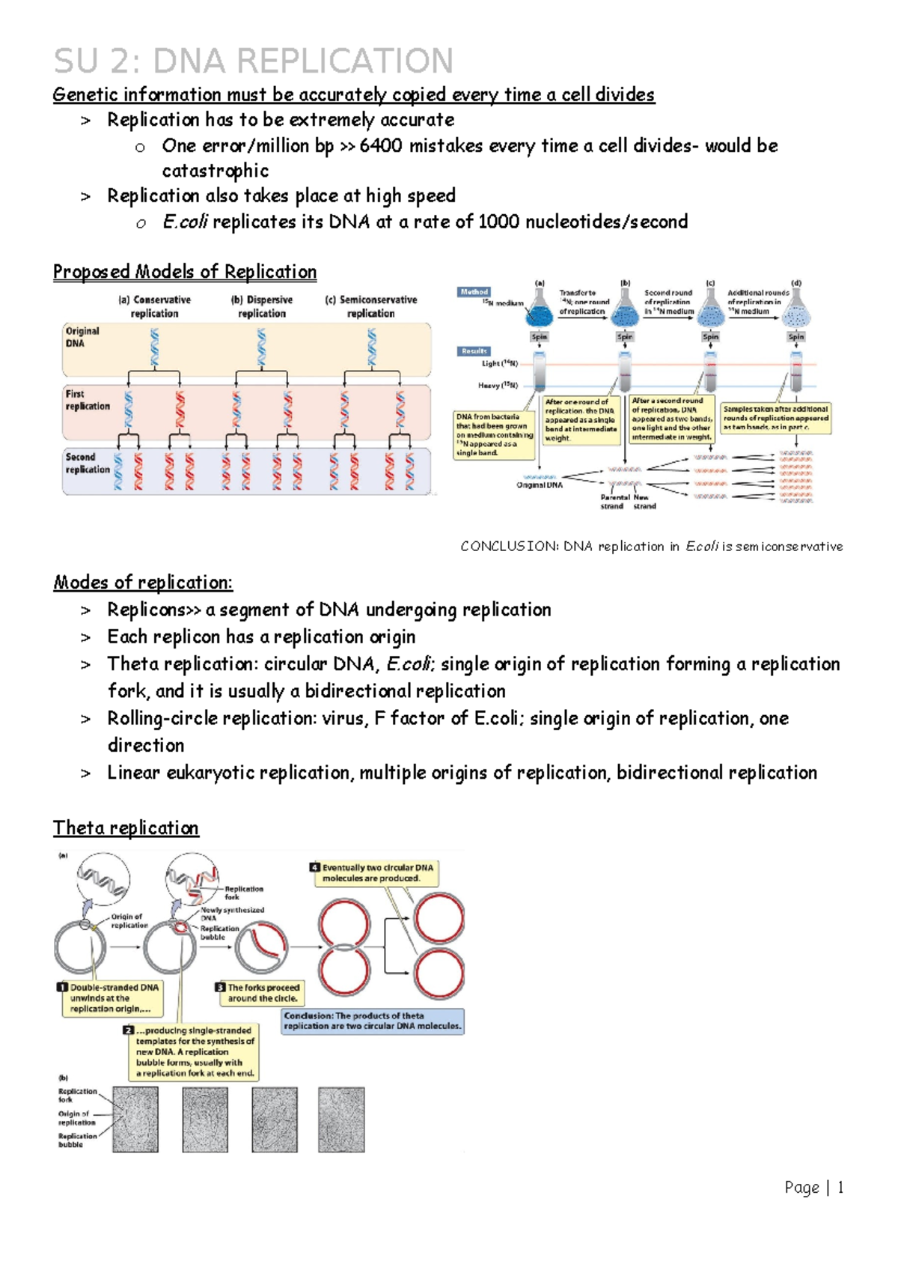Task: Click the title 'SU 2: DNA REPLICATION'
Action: point(253,61)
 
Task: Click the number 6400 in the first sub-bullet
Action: point(380,145)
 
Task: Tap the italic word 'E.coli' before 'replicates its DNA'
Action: point(185,222)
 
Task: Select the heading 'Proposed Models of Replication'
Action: point(185,271)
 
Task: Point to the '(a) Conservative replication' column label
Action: point(155,306)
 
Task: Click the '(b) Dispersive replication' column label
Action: point(262,306)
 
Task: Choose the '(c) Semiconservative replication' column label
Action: point(371,306)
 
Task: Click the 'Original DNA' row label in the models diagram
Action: point(82,337)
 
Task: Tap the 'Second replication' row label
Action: point(87,463)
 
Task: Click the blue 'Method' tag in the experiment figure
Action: point(474,292)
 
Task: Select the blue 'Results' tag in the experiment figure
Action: point(474,350)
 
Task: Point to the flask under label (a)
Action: point(540,314)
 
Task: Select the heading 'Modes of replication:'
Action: point(143,583)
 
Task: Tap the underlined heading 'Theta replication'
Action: point(126,827)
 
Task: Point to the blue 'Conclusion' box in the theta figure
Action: point(373,1021)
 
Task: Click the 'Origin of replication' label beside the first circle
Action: point(129,920)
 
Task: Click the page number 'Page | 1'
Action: point(814,1188)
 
